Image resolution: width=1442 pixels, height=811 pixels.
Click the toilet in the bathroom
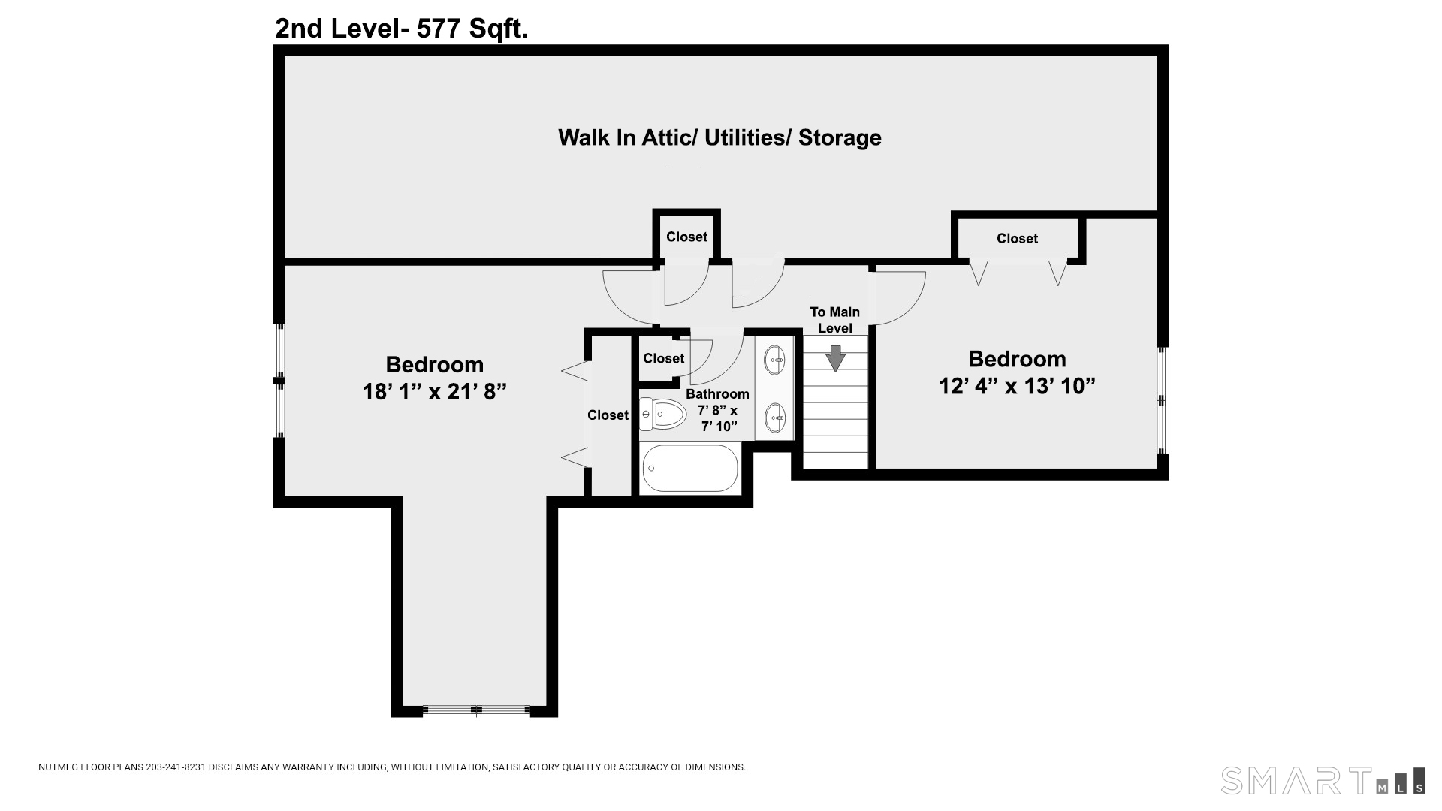(664, 414)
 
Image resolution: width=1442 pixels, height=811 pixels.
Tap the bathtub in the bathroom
(690, 469)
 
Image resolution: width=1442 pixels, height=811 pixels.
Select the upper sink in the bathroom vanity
(775, 360)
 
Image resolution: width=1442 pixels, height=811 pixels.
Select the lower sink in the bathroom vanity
(775, 418)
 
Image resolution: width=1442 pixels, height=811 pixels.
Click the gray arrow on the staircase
(835, 358)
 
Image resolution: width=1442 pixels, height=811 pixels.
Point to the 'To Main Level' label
(834, 320)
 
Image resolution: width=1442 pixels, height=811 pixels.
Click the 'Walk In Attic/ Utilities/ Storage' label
(719, 137)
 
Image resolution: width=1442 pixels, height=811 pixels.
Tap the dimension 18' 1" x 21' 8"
(434, 392)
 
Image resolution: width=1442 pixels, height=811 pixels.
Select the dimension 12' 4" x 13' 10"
(1017, 386)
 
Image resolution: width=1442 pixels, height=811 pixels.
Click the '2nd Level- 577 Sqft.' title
(401, 29)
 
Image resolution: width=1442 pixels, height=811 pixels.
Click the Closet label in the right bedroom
(1017, 238)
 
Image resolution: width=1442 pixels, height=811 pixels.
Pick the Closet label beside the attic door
(686, 237)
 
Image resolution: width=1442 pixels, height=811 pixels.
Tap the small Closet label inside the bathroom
(663, 358)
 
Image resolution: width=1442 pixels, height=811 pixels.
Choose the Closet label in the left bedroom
(608, 415)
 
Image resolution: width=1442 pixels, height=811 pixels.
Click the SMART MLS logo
(1322, 780)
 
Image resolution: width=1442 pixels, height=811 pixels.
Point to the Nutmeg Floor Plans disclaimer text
(391, 767)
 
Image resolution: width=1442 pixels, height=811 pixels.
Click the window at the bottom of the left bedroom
(475, 710)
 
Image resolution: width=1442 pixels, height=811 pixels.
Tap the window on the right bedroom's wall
(1161, 400)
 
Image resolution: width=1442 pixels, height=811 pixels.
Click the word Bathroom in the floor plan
(717, 394)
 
